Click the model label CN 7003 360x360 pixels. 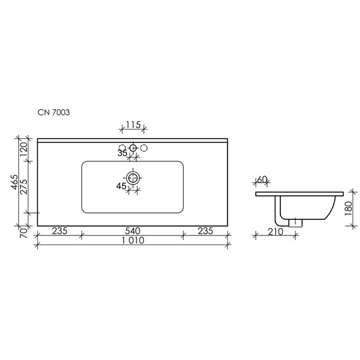[54, 112]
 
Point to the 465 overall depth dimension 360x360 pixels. [13, 183]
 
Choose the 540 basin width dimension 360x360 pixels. [132, 231]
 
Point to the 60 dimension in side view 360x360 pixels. [263, 180]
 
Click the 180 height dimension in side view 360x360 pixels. [349, 208]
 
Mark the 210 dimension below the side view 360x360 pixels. [274, 231]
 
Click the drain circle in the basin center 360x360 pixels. [133, 178]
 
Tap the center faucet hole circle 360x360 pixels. [133, 148]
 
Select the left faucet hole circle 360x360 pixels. [122, 148]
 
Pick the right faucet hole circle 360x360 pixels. [143, 148]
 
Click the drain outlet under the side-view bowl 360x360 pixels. [295, 222]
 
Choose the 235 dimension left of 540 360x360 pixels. [59, 231]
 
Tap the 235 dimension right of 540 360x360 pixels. [205, 231]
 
